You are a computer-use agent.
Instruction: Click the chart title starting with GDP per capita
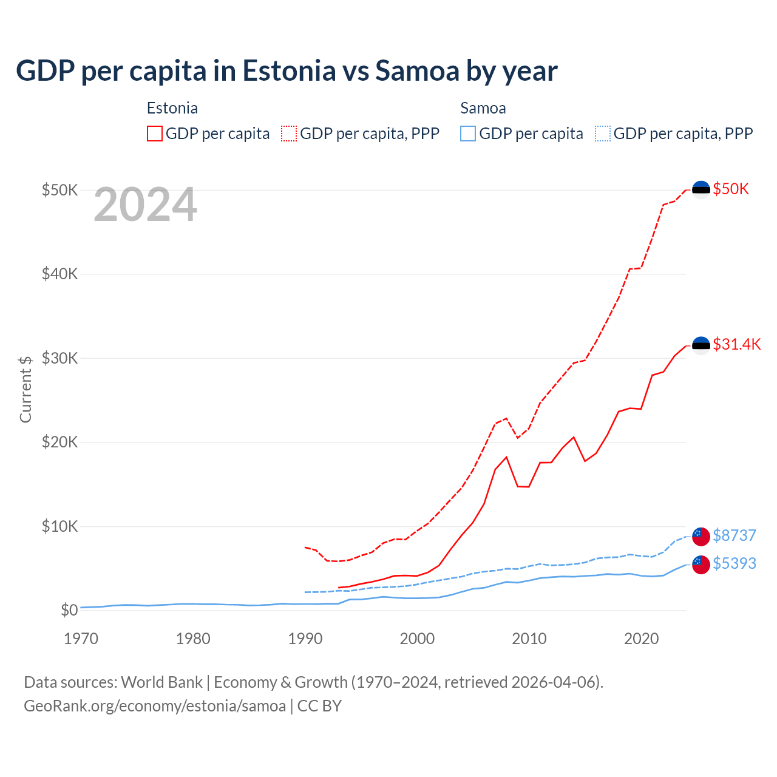[x=287, y=71]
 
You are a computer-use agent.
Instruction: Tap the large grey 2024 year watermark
[x=145, y=205]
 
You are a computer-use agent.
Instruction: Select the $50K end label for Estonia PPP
[x=731, y=189]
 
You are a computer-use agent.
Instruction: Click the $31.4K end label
[x=736, y=344]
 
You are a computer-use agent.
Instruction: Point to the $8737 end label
[x=734, y=535]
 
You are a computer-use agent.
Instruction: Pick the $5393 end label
[x=734, y=563]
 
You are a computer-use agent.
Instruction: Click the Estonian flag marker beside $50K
[x=701, y=189]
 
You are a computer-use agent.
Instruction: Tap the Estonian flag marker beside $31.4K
[x=701, y=345]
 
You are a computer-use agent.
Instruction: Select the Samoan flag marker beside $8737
[x=701, y=537]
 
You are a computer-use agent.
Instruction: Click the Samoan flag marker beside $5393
[x=701, y=565]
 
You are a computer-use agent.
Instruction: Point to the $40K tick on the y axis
[x=59, y=274]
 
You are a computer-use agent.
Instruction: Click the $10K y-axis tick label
[x=59, y=526]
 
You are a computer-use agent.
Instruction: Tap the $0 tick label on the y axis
[x=69, y=610]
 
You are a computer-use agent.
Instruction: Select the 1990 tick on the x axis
[x=305, y=639]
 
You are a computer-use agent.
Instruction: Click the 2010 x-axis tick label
[x=529, y=639]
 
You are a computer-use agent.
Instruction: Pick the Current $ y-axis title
[x=25, y=389]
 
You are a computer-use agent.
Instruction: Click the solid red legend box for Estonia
[x=155, y=134]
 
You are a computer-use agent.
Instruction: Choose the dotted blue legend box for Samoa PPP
[x=603, y=134]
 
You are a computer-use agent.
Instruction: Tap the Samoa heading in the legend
[x=483, y=108]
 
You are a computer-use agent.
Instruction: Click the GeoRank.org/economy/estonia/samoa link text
[x=155, y=706]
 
